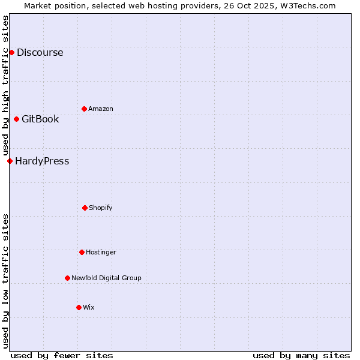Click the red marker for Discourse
point(11,52)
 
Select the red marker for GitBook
point(16,119)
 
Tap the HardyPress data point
point(10,161)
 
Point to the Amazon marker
point(84,109)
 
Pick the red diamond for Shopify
point(85,208)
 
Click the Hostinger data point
point(82,252)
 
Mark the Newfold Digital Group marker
point(67,278)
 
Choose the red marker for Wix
point(79,307)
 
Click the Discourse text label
point(40,52)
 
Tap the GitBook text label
point(40,119)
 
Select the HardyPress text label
point(42,161)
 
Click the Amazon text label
point(101,109)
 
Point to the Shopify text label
point(101,208)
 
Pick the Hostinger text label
point(101,252)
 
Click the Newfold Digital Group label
point(106,278)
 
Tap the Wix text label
point(89,307)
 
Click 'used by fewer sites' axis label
point(62,355)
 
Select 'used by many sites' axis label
point(301,355)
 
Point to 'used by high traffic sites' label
point(5,85)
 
